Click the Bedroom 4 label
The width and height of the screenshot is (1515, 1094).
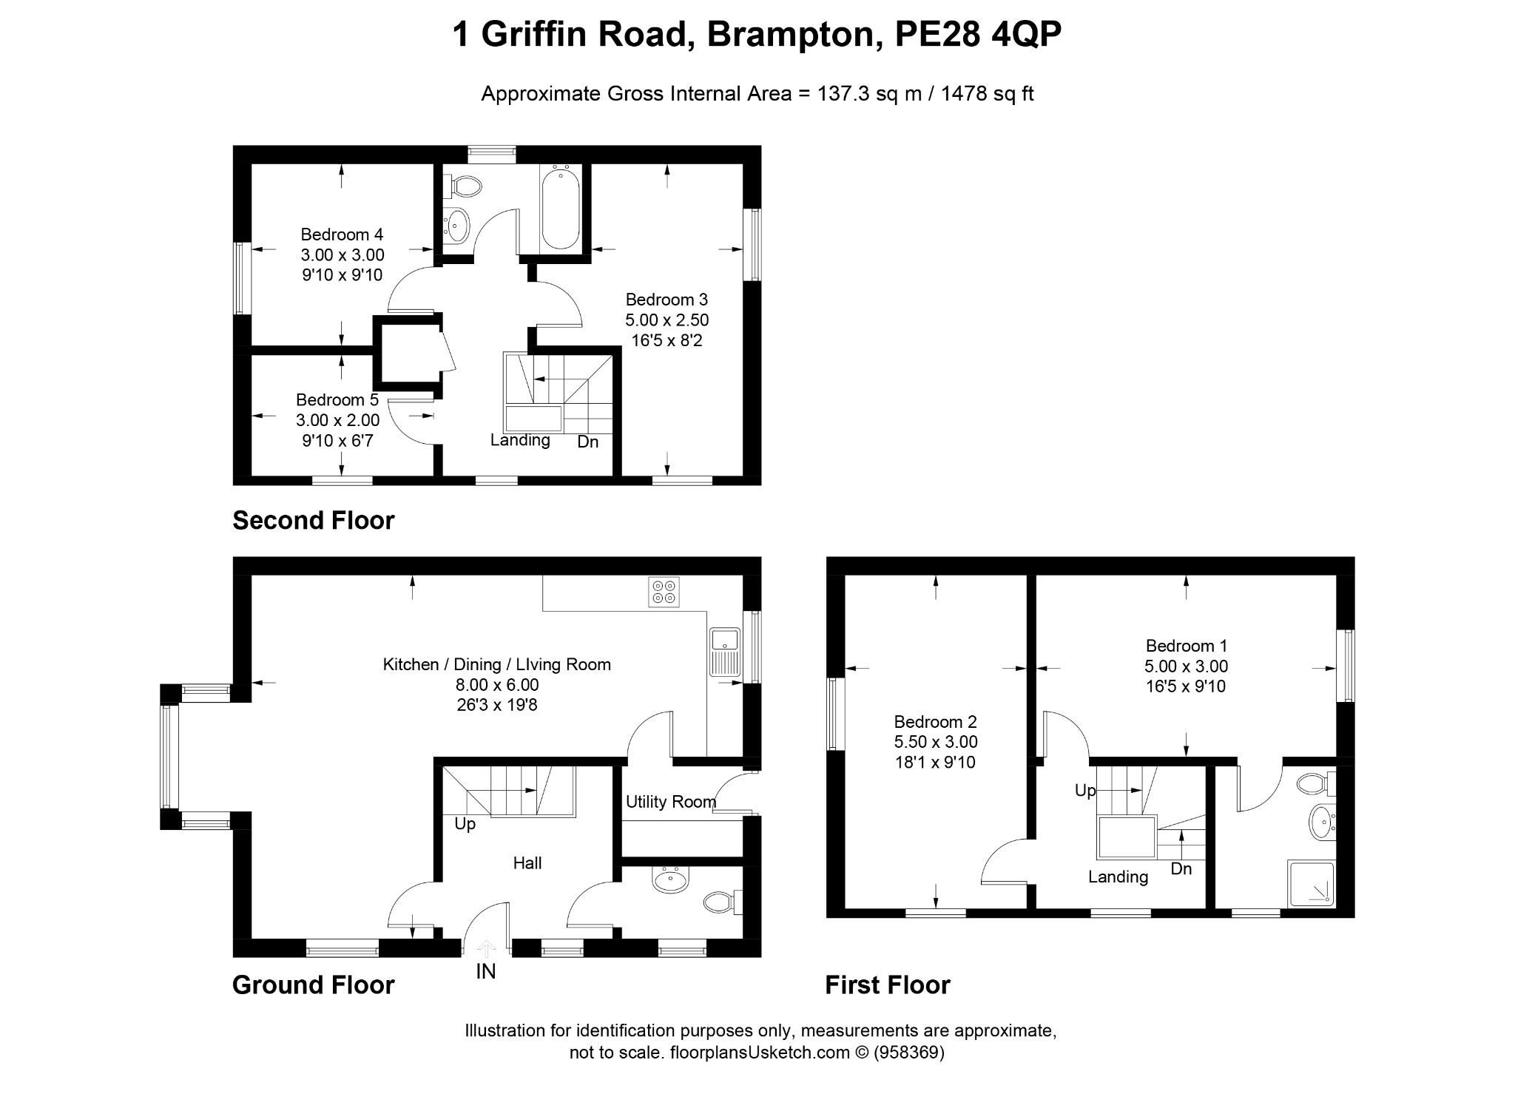[342, 234]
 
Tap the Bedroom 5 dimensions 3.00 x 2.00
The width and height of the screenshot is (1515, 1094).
[337, 420]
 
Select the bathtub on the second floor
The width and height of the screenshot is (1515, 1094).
[561, 208]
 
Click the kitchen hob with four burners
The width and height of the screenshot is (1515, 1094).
[664, 592]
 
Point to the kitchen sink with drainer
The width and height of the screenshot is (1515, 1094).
[725, 651]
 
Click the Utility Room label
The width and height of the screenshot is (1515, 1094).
[671, 802]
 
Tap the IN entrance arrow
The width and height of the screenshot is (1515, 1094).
[486, 948]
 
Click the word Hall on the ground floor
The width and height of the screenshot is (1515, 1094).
[527, 862]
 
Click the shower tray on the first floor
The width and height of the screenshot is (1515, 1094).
[1312, 883]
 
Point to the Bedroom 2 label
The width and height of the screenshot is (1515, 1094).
[936, 721]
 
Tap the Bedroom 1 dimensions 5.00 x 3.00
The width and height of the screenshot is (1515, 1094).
[1186, 666]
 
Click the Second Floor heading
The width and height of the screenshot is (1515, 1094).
[314, 521]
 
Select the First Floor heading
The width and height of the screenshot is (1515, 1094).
[888, 985]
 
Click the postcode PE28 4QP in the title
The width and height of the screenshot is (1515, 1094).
[978, 34]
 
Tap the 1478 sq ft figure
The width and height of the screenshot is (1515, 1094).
[987, 94]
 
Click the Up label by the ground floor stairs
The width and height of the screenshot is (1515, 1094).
[465, 824]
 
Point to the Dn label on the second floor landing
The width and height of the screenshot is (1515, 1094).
[588, 442]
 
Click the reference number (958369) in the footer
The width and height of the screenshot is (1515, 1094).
[909, 1053]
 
